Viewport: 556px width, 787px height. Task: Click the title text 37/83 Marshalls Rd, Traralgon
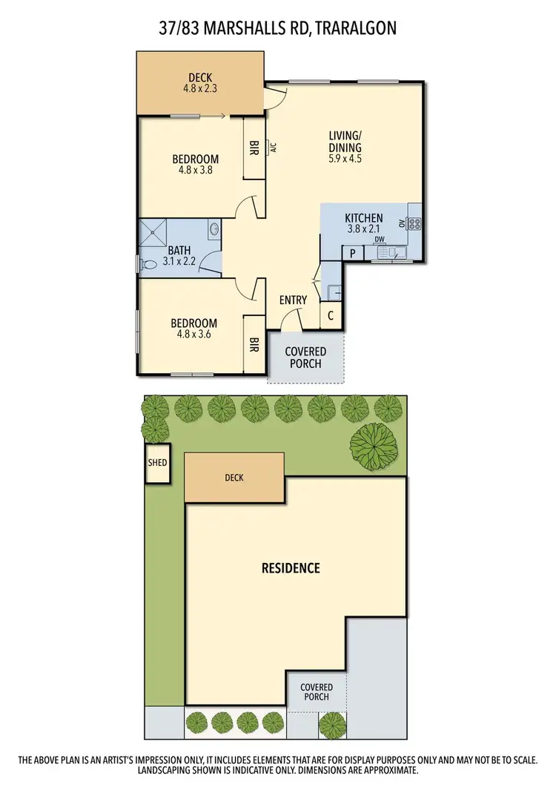(x=277, y=28)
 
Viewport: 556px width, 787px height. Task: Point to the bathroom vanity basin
(x=214, y=230)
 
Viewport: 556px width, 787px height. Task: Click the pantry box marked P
(x=351, y=253)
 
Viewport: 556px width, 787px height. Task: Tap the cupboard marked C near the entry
(x=330, y=315)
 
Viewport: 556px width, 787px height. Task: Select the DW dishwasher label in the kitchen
(x=380, y=239)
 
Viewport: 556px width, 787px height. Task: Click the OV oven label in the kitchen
(x=402, y=223)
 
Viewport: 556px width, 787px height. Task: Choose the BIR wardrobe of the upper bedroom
(x=254, y=149)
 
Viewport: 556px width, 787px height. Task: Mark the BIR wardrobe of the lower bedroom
(x=254, y=345)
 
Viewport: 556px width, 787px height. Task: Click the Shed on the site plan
(x=157, y=464)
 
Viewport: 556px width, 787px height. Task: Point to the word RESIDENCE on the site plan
(x=291, y=568)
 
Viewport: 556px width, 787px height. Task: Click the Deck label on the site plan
(x=234, y=478)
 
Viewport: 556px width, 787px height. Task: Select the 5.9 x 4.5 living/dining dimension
(x=345, y=157)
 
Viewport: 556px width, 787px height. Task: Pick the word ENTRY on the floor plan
(x=293, y=300)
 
